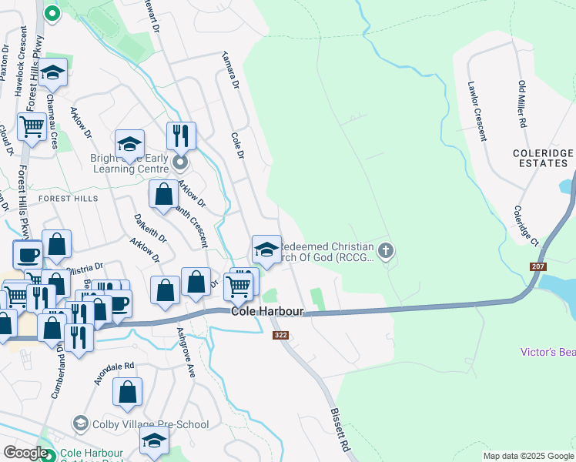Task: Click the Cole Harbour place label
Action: [x=268, y=312]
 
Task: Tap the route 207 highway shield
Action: [x=538, y=266]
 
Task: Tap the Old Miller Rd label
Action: [x=522, y=103]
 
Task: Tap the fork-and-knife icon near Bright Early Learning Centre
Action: [x=181, y=136]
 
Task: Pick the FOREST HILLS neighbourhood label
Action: [x=69, y=198]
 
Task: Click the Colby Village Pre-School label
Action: [x=150, y=424]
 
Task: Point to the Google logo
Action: [x=25, y=453]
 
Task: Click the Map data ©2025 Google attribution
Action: [x=528, y=456]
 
